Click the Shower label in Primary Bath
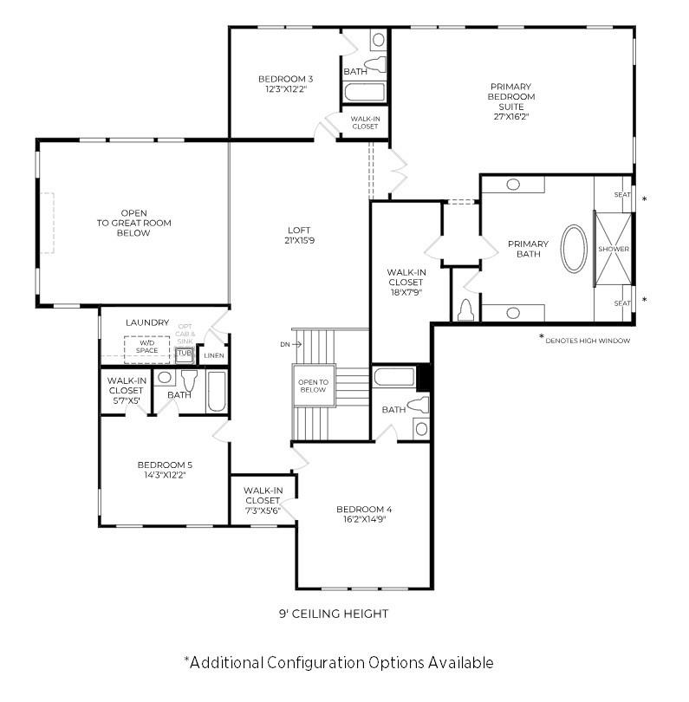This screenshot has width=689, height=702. [x=614, y=250]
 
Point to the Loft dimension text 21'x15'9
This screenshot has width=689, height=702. [x=300, y=241]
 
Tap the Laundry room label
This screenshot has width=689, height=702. [x=147, y=322]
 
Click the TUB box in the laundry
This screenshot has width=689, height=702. [x=184, y=354]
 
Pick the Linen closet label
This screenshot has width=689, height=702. [x=213, y=355]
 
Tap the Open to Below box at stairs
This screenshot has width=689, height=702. [x=313, y=385]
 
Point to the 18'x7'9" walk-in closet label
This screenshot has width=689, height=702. [x=406, y=292]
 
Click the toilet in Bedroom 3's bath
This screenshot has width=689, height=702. [x=375, y=65]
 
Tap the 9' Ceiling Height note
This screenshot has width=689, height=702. [x=334, y=614]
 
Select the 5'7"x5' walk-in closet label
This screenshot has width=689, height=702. [x=126, y=400]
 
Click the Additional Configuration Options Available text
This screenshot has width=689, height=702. [x=339, y=663]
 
